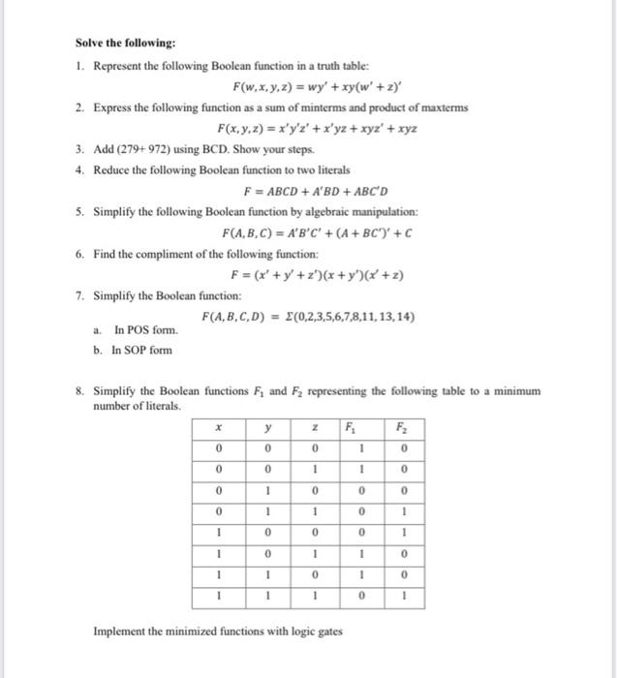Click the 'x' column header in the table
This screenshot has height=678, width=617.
coord(221,426)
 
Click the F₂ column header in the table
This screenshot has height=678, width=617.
coord(401,426)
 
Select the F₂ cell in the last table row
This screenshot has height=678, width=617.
coord(401,596)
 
